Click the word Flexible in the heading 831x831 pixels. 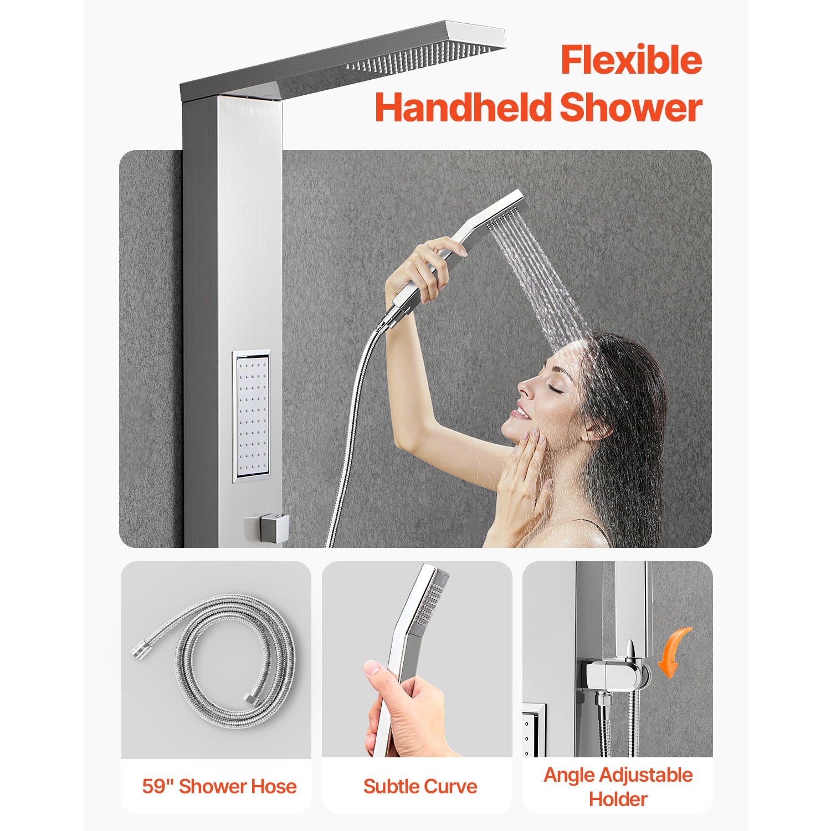click(x=631, y=60)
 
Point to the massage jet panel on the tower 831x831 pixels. click(x=251, y=416)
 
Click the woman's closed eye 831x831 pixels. click(x=556, y=389)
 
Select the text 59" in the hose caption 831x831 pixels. click(x=158, y=786)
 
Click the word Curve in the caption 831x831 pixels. click(x=451, y=786)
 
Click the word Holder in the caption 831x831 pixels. click(x=618, y=799)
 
